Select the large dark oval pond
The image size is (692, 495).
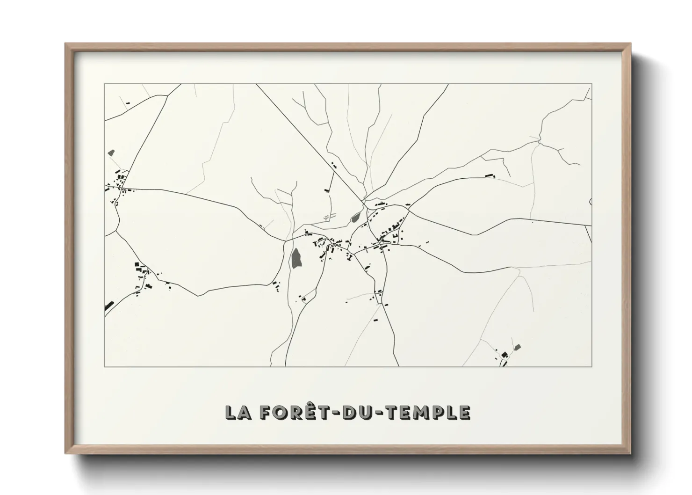(296, 258)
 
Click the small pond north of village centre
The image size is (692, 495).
(355, 217)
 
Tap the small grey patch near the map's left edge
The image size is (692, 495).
(111, 153)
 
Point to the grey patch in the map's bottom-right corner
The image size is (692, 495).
(517, 347)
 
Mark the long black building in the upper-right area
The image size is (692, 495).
(490, 175)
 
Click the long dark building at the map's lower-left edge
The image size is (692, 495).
(109, 306)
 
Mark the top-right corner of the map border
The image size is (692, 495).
(591, 84)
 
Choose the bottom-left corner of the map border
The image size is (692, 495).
(105, 366)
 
